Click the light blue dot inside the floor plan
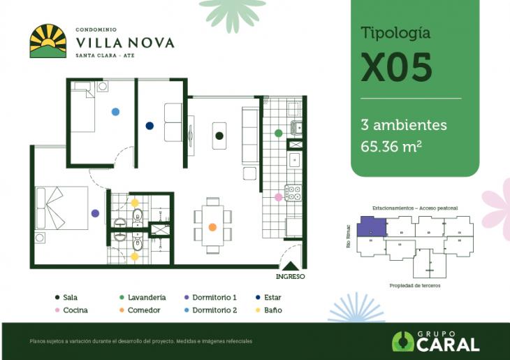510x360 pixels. [115, 111]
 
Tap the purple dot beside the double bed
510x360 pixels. [95, 213]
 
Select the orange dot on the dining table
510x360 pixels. [212, 227]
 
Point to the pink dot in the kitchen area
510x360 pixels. [279, 197]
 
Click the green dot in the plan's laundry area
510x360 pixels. [278, 133]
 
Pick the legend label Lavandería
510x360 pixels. [146, 297]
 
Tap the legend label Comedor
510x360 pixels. [144, 310]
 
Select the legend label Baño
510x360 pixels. [272, 310]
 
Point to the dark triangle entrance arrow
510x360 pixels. [291, 265]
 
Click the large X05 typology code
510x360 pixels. [396, 67]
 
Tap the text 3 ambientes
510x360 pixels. [403, 126]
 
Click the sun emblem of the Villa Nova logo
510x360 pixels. [48, 41]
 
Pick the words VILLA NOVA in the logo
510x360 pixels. [124, 43]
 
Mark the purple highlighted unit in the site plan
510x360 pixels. [370, 229]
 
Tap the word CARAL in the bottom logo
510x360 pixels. [447, 344]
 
